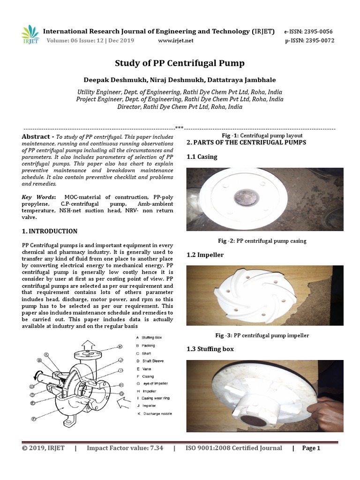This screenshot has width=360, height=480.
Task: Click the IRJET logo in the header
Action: (x=30, y=33)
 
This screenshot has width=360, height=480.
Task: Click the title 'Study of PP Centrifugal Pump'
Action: (x=180, y=63)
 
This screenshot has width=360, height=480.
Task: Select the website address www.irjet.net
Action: (x=176, y=41)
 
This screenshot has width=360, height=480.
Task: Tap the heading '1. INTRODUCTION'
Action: (x=50, y=231)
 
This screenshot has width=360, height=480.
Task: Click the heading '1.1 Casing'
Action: (x=202, y=157)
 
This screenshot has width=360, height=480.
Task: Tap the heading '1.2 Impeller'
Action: (x=205, y=255)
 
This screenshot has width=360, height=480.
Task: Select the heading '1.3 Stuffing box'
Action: (x=210, y=349)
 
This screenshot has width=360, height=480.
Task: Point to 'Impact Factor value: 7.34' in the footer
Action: (x=125, y=448)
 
